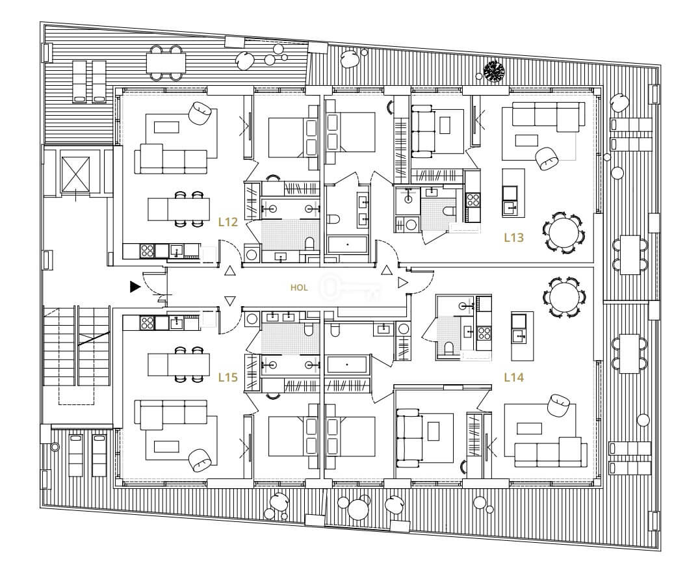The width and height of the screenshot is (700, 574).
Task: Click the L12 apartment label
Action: [x=227, y=222]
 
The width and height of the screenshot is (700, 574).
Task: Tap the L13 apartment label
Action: [x=513, y=237]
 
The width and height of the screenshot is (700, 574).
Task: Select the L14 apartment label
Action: [x=513, y=378]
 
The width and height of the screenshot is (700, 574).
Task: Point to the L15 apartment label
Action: [x=227, y=378]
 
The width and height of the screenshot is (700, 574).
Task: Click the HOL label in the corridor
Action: [x=299, y=288]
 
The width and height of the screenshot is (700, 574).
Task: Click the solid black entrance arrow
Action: [x=135, y=287]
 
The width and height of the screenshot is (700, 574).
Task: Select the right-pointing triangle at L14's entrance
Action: [x=403, y=282]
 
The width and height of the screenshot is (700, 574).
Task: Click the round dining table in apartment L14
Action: [x=564, y=297]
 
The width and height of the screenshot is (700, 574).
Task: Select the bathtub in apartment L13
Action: [x=347, y=245]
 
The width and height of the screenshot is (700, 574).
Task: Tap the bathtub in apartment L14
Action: [x=347, y=365]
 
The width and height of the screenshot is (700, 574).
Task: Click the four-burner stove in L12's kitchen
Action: [x=148, y=251]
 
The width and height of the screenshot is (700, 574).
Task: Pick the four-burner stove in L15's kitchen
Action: [x=148, y=322]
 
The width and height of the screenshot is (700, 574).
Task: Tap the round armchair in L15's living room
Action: [x=200, y=460]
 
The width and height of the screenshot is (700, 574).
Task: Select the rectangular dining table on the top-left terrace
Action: [x=166, y=63]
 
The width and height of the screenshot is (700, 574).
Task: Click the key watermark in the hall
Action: [x=351, y=288]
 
